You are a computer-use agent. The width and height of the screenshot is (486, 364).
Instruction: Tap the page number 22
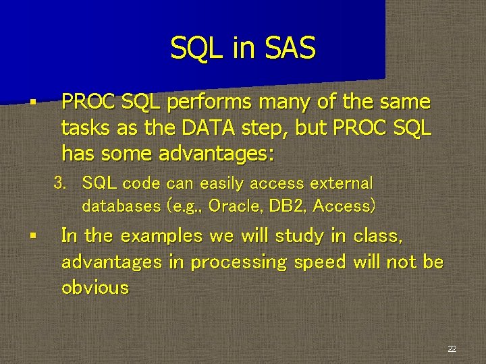pos(452,348)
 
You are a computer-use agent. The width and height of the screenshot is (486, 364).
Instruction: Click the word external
pos(342,183)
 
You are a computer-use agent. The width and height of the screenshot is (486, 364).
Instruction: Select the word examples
pos(159,237)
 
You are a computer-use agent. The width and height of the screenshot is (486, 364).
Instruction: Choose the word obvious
pos(94,288)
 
